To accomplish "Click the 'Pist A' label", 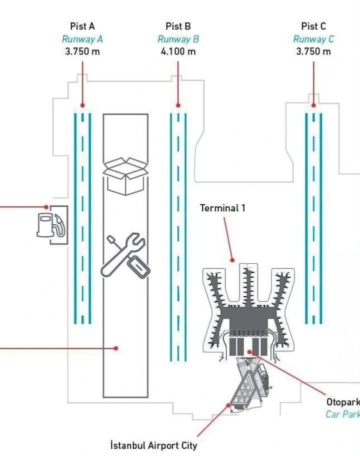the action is tap(82, 26).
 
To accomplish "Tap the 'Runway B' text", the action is tap(178, 39).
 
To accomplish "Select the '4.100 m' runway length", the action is tap(178, 51).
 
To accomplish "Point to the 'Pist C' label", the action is tap(313, 26).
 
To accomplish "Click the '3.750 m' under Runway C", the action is tap(313, 51).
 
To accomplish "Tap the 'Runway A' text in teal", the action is tap(82, 39).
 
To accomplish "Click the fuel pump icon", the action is tap(51, 225).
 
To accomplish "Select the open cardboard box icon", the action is tap(125, 176).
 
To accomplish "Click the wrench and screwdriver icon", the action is tap(125, 255).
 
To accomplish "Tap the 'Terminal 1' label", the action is tap(222, 208).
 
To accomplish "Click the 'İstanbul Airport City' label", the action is tap(153, 445).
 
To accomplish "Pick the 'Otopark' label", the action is tap(343, 402).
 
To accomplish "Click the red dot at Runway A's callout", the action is tap(82, 105).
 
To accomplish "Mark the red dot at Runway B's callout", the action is tap(178, 105).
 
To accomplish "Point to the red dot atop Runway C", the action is tap(313, 105).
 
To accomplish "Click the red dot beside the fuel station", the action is tap(46, 207).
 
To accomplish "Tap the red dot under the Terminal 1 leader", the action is tap(232, 260).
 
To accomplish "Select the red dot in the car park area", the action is tap(249, 352).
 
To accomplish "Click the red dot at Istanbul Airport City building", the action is tap(228, 405).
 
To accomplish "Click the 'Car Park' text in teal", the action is tap(343, 414).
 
